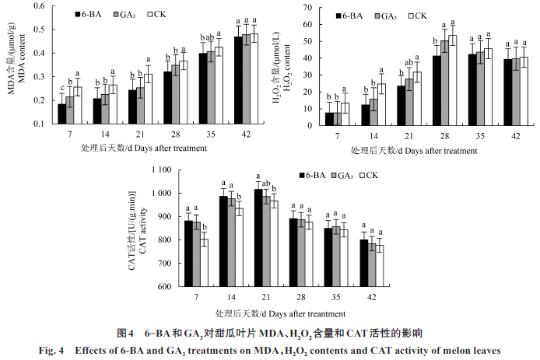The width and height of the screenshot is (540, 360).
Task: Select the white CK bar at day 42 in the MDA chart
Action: (253, 79)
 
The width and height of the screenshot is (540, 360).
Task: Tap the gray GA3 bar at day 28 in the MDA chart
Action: (176, 94)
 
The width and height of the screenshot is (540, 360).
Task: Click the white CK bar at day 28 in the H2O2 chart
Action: (453, 79)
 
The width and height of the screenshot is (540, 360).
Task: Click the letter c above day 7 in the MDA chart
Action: (62, 87)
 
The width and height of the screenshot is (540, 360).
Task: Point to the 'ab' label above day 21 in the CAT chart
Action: (266, 183)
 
